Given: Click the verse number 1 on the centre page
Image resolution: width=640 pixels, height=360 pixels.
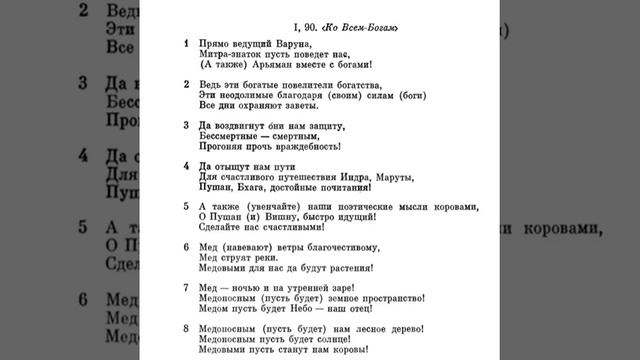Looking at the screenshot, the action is (x=187, y=45).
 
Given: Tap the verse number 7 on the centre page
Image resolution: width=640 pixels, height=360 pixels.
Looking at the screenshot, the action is (x=187, y=287).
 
